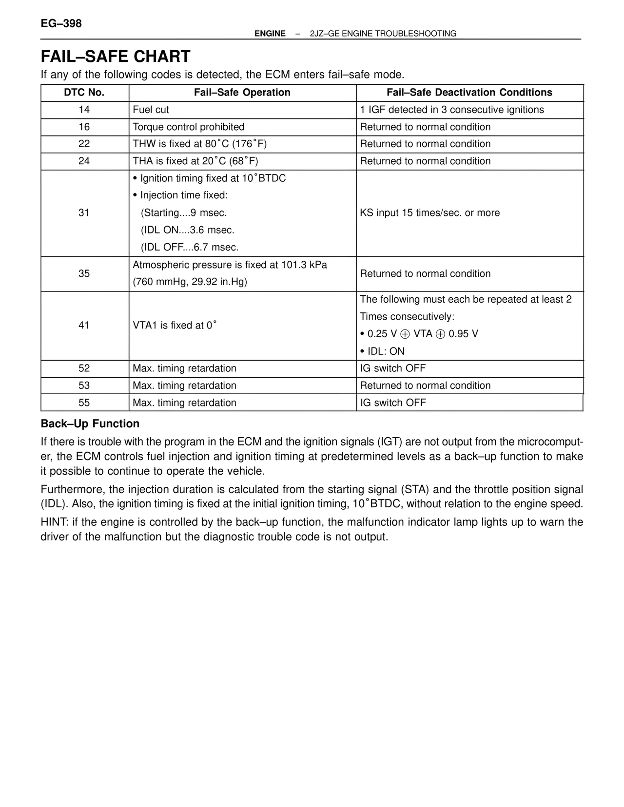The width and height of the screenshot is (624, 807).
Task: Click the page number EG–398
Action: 61,23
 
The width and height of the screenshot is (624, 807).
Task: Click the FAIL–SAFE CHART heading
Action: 116,57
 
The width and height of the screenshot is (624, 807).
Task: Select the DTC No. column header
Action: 84,93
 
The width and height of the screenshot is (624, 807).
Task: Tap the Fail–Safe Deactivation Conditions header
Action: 469,93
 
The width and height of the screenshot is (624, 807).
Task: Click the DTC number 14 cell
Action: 84,110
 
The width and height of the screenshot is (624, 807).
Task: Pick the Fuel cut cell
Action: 151,110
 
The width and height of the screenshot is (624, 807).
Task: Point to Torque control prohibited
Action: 189,127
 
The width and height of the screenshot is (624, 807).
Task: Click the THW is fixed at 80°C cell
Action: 200,144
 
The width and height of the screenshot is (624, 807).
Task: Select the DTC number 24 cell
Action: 84,161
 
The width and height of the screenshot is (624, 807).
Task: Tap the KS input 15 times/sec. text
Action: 429,213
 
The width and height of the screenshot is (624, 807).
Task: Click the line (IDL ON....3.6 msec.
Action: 188,230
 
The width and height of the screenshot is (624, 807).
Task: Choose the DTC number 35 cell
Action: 84,273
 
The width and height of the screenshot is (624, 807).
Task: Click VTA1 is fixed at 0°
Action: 175,325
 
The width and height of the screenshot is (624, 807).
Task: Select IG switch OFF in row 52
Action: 393,368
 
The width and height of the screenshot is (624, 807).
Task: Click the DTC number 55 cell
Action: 84,403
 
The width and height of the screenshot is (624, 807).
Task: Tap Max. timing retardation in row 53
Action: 184,385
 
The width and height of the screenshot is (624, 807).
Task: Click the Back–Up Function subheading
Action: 90,423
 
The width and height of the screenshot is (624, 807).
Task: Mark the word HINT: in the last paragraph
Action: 55,522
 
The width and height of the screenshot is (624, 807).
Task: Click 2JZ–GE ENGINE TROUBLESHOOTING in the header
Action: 383,34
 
